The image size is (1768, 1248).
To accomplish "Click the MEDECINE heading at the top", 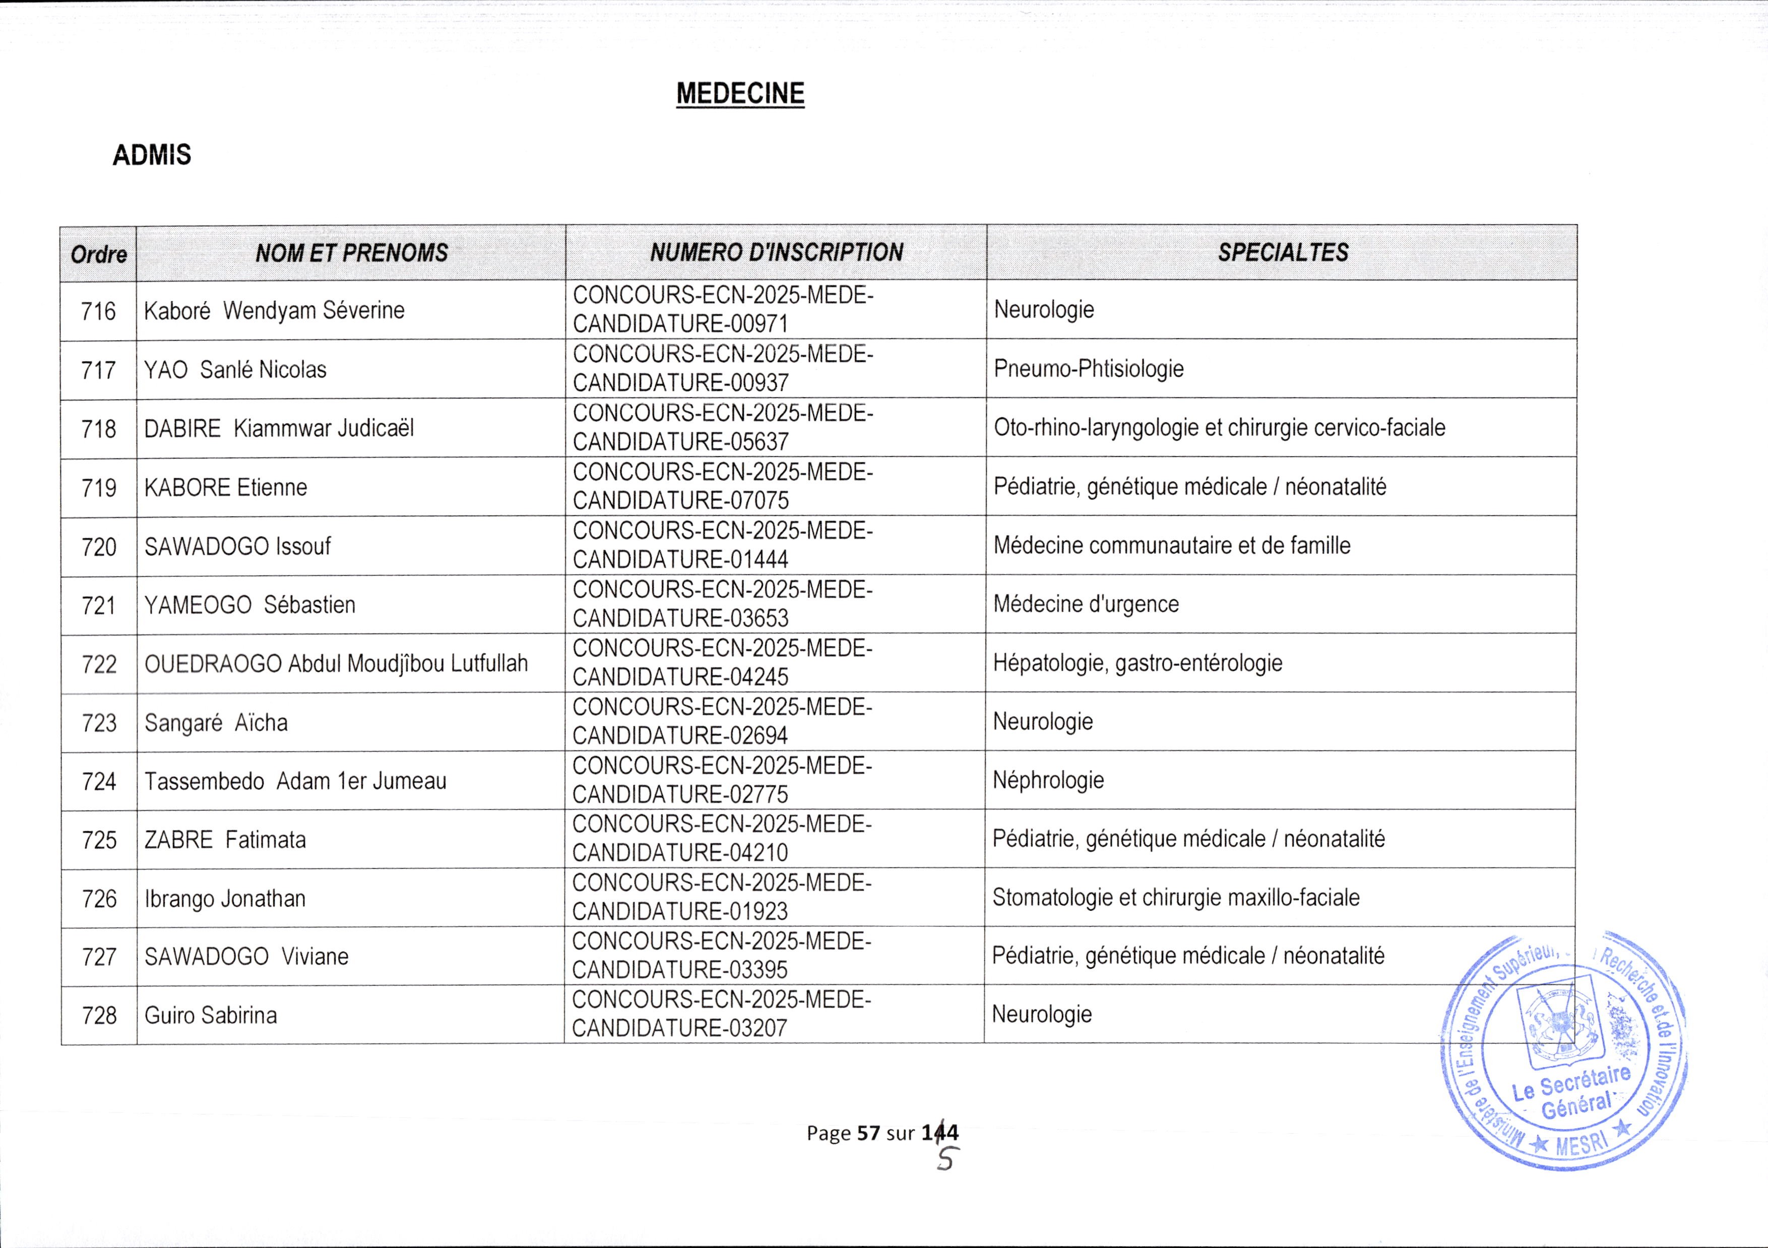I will click(740, 93).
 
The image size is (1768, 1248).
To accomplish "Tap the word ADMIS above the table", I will click(152, 156).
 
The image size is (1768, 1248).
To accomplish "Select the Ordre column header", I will click(99, 254).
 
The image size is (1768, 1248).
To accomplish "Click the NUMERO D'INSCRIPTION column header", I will click(776, 253).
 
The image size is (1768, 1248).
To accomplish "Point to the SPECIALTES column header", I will click(1282, 253).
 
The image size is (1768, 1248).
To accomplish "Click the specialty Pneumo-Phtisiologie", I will click(1089, 369).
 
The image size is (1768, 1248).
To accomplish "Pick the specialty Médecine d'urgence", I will click(1086, 604).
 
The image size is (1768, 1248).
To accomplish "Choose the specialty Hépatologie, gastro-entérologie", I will click(1138, 663).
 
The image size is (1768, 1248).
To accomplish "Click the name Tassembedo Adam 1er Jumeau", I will click(295, 781).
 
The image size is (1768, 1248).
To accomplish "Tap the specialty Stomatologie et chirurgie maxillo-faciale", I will click(1176, 898).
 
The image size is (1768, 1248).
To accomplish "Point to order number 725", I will click(99, 840).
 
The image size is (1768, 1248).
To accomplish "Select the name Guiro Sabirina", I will click(210, 1016).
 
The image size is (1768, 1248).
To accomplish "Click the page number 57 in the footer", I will click(868, 1133).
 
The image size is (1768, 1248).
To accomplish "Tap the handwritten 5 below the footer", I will click(945, 1159).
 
